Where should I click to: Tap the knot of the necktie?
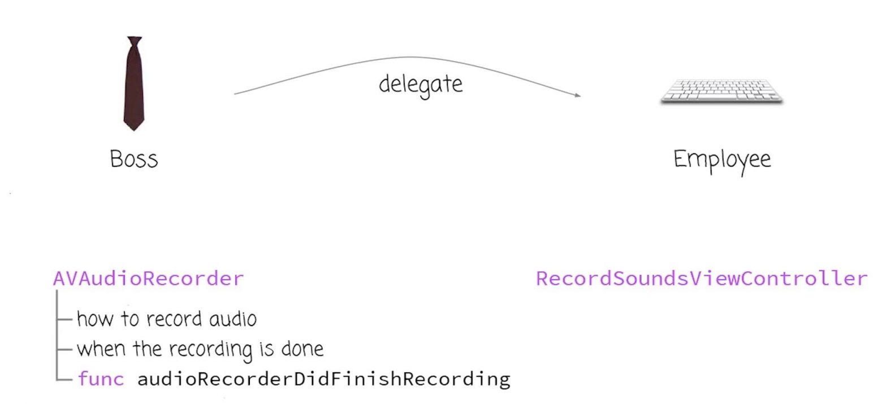point(134,42)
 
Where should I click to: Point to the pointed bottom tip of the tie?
point(134,128)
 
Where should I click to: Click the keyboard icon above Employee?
point(721,91)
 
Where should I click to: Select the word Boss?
point(134,159)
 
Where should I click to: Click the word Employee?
point(722,159)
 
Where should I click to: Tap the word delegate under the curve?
point(421,85)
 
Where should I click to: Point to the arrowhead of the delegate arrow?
point(578,95)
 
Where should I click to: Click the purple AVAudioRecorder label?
point(148,279)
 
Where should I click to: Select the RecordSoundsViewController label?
point(701,279)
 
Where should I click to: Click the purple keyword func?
point(101,378)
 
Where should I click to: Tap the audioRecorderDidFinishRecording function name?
point(323,378)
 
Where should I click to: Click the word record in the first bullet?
point(175,319)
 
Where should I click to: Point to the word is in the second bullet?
point(266,349)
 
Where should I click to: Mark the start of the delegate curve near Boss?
point(235,93)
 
